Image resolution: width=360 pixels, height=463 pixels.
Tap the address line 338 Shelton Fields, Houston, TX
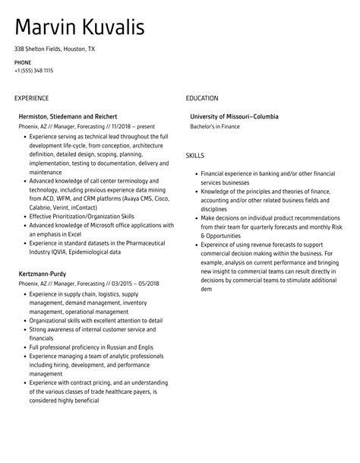55,49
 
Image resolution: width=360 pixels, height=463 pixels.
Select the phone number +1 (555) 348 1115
33,70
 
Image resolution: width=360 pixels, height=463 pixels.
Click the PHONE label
22,62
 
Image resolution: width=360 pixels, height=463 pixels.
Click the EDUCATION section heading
202,98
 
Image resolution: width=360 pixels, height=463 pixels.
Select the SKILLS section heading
194,156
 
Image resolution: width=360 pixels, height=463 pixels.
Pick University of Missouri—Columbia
234,116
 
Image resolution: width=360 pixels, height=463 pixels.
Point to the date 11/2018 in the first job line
122,126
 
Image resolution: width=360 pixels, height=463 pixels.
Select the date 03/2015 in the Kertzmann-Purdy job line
119,283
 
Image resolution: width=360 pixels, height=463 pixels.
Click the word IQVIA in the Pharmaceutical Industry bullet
78,251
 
